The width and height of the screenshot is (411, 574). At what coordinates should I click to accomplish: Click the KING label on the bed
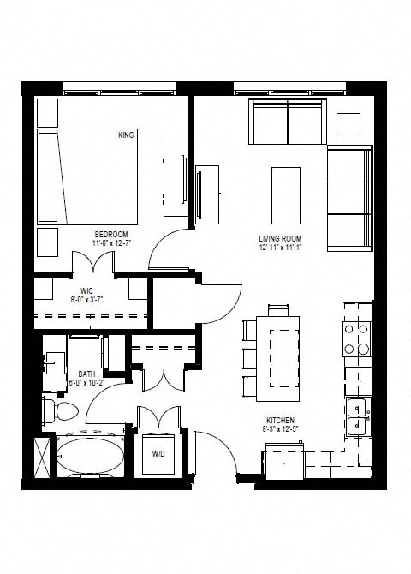[126, 135]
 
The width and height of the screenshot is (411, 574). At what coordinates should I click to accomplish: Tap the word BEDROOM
[111, 234]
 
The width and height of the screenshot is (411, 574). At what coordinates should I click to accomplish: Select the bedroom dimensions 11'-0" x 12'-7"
[111, 243]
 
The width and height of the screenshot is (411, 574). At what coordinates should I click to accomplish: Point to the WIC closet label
[86, 291]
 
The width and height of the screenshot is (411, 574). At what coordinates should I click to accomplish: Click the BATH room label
[86, 374]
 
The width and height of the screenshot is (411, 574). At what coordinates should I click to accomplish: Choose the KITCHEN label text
[280, 420]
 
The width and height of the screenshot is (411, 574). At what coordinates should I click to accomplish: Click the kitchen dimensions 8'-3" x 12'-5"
[280, 429]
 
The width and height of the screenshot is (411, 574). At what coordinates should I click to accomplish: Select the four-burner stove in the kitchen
[356, 338]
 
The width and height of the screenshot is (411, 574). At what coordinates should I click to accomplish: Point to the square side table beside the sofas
[348, 123]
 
